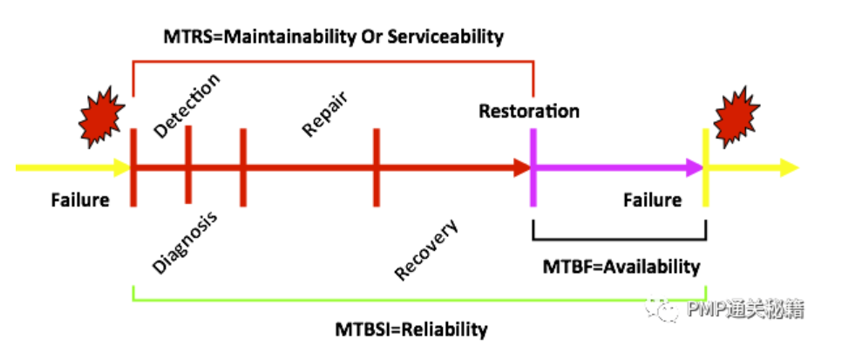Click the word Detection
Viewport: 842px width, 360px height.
pos(187,105)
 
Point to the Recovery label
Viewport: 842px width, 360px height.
pos(426,251)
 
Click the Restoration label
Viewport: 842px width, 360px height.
pos(528,112)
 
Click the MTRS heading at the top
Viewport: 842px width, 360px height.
pos(334,37)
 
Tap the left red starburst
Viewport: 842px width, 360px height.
pos(99,112)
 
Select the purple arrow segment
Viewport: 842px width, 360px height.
pos(610,167)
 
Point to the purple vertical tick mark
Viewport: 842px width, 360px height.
pos(532,167)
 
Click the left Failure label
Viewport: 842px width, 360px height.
pos(79,200)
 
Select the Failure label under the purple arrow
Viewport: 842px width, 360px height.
pos(652,200)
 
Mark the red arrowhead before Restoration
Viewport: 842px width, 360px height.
pos(520,167)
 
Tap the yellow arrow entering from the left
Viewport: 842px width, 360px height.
pos(70,167)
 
